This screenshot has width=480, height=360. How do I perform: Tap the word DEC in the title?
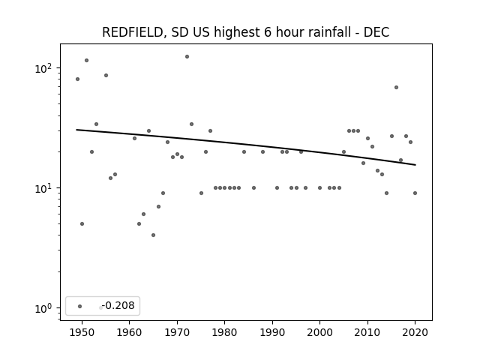click(x=376, y=32)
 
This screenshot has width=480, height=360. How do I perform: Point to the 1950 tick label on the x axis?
click(x=82, y=332)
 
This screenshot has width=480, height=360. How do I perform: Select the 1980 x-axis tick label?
click(x=225, y=332)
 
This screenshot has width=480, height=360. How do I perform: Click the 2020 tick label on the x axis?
click(x=415, y=332)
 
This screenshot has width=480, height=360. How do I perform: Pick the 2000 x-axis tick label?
click(x=320, y=332)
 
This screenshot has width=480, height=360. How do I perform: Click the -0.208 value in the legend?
click(x=118, y=305)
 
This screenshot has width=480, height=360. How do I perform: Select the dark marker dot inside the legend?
click(x=80, y=306)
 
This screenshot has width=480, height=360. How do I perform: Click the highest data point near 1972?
click(x=187, y=57)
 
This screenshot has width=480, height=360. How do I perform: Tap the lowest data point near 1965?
click(x=153, y=235)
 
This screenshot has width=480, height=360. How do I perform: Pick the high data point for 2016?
click(x=396, y=88)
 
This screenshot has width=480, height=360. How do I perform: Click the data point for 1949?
click(x=77, y=79)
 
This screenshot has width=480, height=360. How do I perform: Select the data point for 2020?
click(x=415, y=193)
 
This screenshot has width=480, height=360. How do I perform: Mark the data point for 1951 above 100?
click(x=87, y=60)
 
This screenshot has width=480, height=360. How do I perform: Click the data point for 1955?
click(x=106, y=75)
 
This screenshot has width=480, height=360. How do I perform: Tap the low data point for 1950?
click(x=82, y=223)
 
